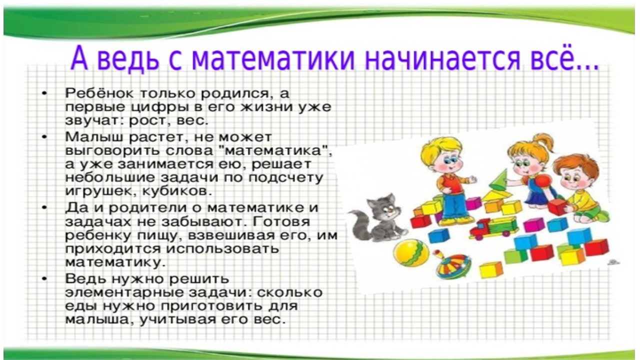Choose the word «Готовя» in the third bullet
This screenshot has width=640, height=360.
coord(281,221)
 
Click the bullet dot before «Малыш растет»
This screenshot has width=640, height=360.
coord(44,137)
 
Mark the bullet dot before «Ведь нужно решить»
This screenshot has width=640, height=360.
coord(44,279)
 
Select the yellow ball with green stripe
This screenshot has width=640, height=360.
coord(411,253)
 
